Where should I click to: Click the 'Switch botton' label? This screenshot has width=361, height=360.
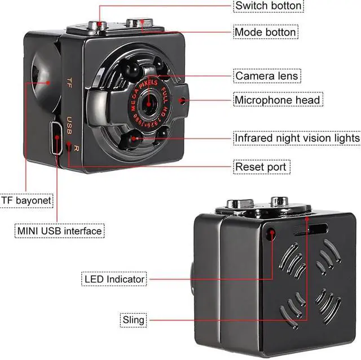[x=268, y=6]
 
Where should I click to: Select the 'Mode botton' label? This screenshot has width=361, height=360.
[x=265, y=32]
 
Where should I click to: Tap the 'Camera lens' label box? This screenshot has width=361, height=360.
[x=266, y=75]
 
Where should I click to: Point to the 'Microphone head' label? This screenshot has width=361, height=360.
[x=278, y=100]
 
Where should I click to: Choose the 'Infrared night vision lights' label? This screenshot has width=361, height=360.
[x=297, y=137]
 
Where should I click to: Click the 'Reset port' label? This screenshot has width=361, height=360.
[x=261, y=167]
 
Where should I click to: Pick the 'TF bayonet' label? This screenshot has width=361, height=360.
[x=27, y=200]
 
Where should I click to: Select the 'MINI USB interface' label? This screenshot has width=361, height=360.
[x=59, y=231]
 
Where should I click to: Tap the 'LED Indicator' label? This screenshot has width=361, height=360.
[x=115, y=279]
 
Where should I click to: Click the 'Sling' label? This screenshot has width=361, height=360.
[x=133, y=320]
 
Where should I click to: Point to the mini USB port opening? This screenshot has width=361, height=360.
[x=58, y=139]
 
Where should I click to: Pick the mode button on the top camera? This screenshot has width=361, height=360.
[x=137, y=23]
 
